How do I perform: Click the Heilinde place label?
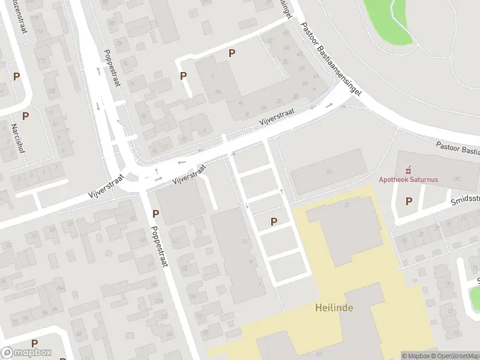tap(334, 308)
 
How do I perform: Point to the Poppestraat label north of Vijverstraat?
tap(112, 68)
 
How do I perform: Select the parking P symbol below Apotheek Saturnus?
tap(409, 202)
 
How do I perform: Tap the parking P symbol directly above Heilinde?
tap(274, 221)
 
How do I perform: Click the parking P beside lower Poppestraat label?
tap(156, 214)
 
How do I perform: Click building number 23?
tap(329, 172)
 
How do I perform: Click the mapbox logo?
tap(26, 353)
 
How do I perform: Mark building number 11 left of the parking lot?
tap(244, 242)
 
